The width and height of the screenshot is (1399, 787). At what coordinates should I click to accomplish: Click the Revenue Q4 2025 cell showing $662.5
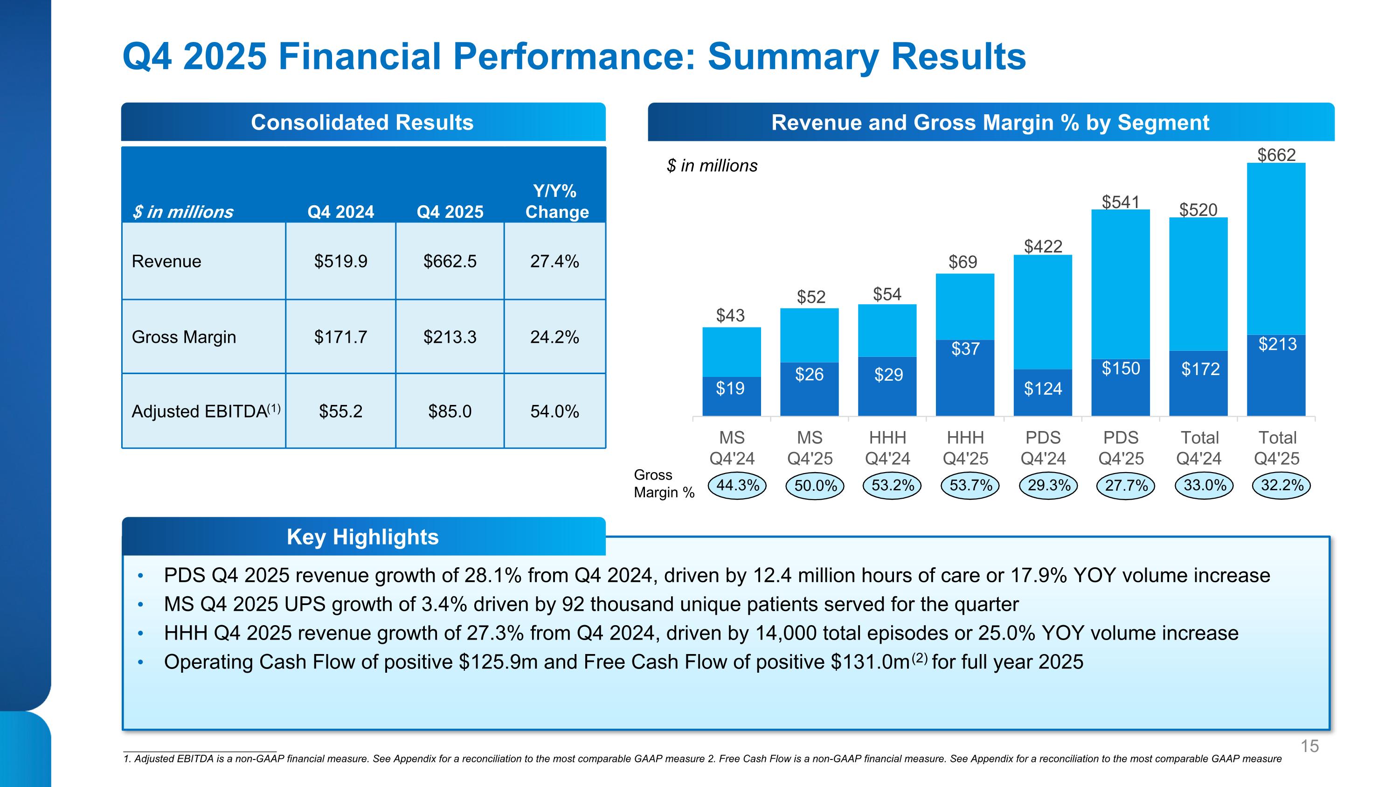click(450, 261)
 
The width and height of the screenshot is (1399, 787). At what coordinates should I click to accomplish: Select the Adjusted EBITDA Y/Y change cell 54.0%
click(554, 411)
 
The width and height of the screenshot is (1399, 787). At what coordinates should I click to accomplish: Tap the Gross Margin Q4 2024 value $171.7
click(340, 337)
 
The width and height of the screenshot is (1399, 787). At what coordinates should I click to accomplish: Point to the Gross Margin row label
click(184, 337)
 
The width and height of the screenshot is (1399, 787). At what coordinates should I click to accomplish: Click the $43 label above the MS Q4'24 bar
click(730, 315)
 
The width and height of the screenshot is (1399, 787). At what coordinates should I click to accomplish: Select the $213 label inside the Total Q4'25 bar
click(1277, 344)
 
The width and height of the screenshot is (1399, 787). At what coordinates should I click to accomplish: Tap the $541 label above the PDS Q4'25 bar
click(1121, 202)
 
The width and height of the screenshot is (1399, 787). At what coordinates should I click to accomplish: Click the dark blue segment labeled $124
click(1043, 388)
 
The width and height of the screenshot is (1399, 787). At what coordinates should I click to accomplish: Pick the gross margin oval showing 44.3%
click(738, 485)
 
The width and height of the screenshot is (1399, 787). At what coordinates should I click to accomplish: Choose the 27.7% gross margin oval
click(1126, 485)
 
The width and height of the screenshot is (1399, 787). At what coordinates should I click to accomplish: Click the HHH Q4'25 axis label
click(965, 447)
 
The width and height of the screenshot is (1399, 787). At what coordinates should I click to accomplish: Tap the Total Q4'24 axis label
click(1199, 447)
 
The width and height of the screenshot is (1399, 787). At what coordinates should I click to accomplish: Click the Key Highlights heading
click(363, 536)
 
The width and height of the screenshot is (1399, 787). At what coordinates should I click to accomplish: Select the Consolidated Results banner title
click(362, 122)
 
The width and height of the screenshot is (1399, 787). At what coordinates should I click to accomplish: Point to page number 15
click(1309, 746)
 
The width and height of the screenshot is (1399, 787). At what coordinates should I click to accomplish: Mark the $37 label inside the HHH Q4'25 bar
click(965, 348)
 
